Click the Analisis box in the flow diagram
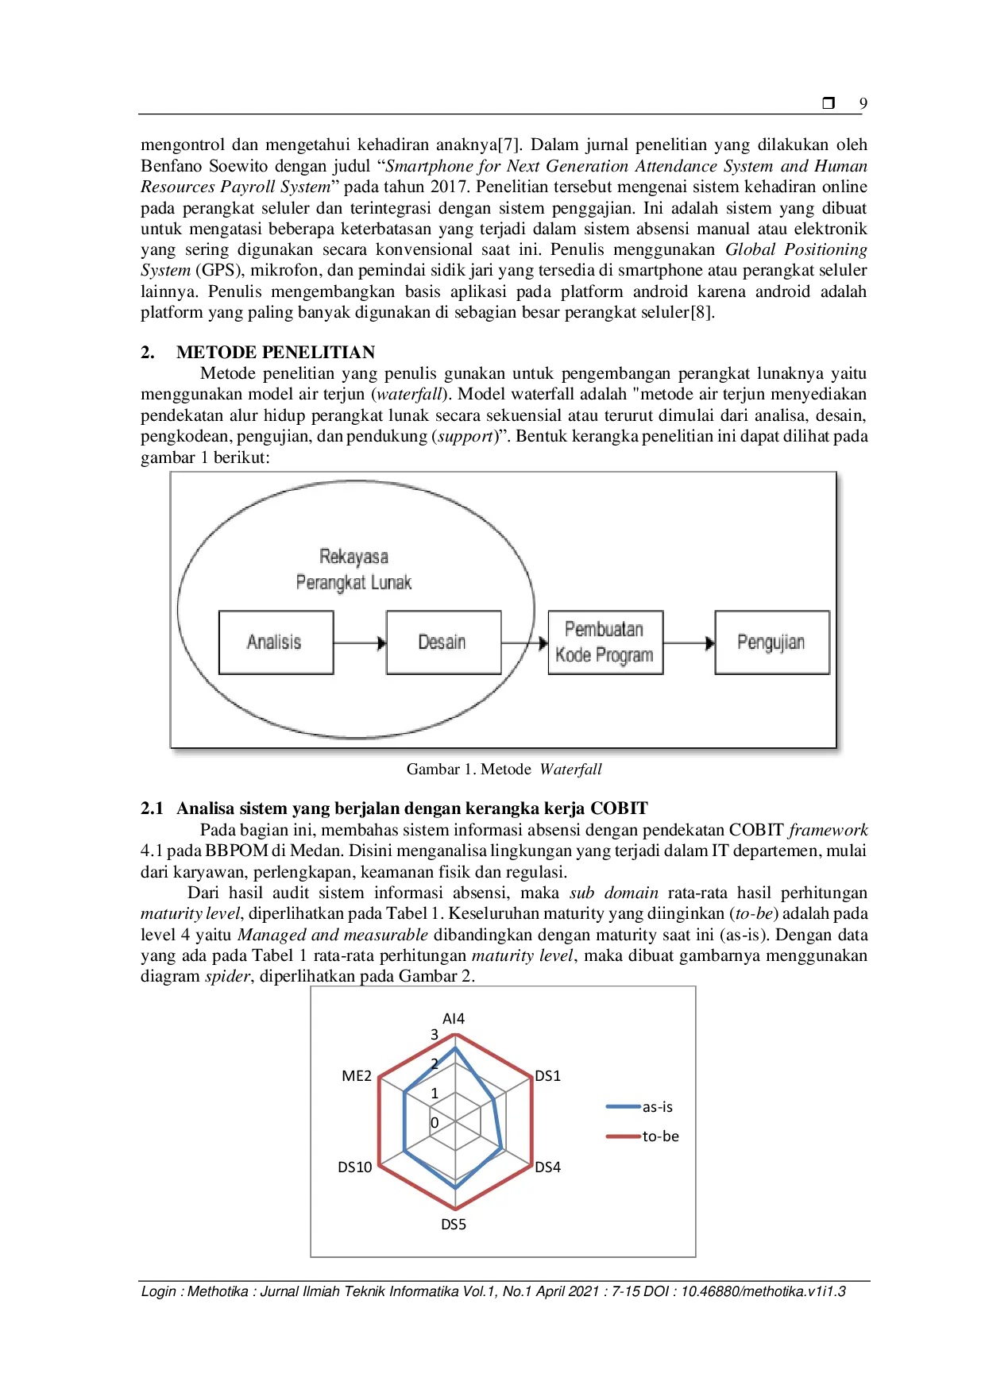coord(276,642)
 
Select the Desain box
coord(443,642)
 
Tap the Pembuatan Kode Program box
coord(605,642)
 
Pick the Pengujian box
coord(771,642)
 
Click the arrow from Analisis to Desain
coord(360,643)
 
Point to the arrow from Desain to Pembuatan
coord(525,643)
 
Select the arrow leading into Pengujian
coord(689,643)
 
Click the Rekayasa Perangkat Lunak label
coord(353,569)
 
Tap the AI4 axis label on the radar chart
coord(454,1019)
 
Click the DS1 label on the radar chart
coord(547,1076)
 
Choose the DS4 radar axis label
coord(547,1167)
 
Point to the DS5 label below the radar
coord(454,1225)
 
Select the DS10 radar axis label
coord(354,1167)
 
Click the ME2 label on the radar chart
coord(357,1076)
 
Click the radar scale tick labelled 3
coord(435,1035)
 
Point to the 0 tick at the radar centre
coord(435,1123)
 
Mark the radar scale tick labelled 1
coord(435,1094)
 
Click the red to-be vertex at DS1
coord(531,1079)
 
